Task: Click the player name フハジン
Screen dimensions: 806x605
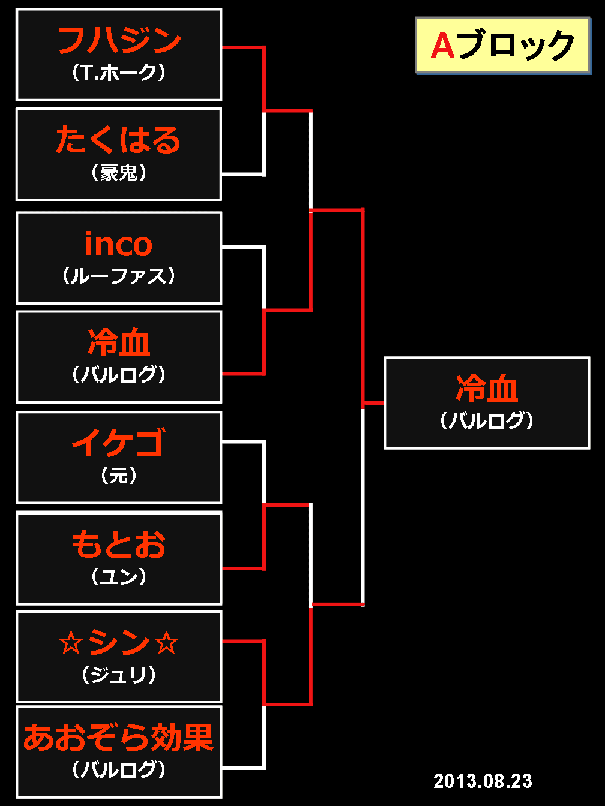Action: (119, 41)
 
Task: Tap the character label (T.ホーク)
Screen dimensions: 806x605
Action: (119, 73)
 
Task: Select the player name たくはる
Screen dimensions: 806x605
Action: (119, 140)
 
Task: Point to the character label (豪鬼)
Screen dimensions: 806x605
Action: (119, 173)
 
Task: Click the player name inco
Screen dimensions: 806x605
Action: (119, 244)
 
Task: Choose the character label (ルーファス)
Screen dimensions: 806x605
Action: (119, 276)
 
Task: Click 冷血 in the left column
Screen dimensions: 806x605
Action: (119, 343)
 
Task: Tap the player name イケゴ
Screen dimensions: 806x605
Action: (119, 443)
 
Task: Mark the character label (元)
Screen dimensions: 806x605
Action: (119, 476)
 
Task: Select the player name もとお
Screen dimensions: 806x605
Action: (119, 544)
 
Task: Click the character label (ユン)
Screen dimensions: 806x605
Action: (119, 576)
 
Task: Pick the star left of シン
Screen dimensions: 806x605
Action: (70, 643)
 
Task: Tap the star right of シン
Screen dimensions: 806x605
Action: (166, 643)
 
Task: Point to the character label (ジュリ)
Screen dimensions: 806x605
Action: (119, 675)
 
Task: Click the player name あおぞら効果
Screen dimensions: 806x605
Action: (119, 738)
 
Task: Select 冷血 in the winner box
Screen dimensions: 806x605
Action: (487, 389)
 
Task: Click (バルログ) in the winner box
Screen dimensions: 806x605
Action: (487, 420)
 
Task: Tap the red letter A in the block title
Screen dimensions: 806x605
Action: (443, 46)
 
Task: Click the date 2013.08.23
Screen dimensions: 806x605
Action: (483, 781)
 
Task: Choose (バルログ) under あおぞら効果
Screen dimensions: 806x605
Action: (119, 769)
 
